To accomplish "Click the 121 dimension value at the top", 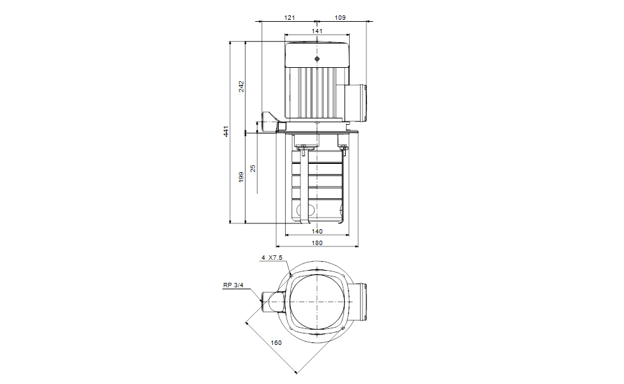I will pyautogui.click(x=289, y=18).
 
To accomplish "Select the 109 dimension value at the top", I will pyautogui.click(x=339, y=18).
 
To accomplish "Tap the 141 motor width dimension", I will pyautogui.click(x=317, y=31).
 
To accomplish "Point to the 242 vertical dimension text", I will pyautogui.click(x=241, y=86).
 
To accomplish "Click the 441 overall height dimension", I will pyautogui.click(x=226, y=132).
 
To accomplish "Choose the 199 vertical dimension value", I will pyautogui.click(x=241, y=177).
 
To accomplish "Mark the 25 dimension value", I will pyautogui.click(x=253, y=168).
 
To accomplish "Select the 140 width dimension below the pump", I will pyautogui.click(x=317, y=231).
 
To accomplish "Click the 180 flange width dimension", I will pyautogui.click(x=317, y=243).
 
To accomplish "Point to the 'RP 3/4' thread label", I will pyautogui.click(x=233, y=286).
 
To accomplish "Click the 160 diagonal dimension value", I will pyautogui.click(x=276, y=342).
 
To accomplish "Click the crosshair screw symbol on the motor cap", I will pyautogui.click(x=317, y=59).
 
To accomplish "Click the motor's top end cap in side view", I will pyautogui.click(x=317, y=54).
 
